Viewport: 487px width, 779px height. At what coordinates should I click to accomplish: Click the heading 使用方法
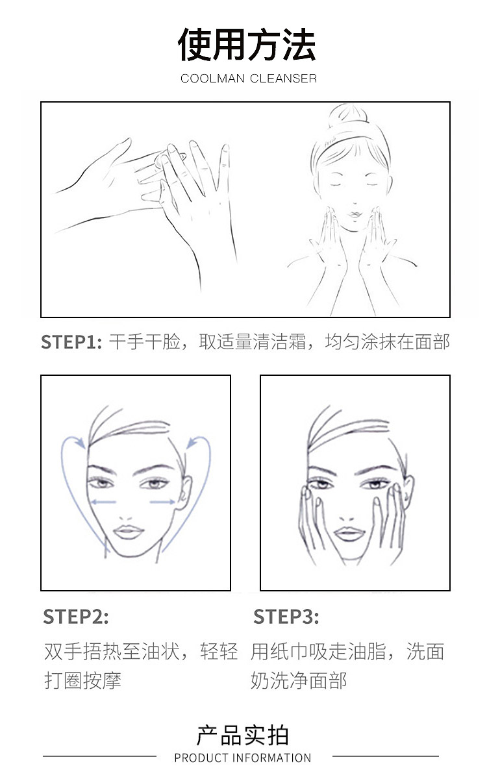click(x=247, y=45)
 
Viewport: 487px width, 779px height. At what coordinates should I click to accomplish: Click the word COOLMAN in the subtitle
click(x=212, y=79)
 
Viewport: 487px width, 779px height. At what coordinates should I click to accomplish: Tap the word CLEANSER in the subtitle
click(x=283, y=79)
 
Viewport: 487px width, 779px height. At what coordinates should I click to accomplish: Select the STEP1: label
click(x=71, y=342)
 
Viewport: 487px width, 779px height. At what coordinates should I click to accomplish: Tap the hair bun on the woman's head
click(x=348, y=116)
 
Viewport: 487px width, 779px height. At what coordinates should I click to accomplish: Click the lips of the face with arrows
click(x=129, y=532)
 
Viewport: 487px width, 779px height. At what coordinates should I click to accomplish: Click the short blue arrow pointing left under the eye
click(x=103, y=502)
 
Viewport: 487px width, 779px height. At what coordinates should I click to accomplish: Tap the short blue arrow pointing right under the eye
click(x=162, y=502)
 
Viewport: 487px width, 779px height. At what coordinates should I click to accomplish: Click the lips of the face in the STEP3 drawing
click(x=349, y=534)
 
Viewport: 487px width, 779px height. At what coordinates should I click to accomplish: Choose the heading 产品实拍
click(x=242, y=736)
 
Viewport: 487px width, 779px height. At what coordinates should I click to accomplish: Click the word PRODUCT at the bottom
click(x=201, y=758)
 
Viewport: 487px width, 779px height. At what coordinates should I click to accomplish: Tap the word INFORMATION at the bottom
click(x=271, y=758)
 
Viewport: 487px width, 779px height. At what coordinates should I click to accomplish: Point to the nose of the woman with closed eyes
click(x=355, y=202)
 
